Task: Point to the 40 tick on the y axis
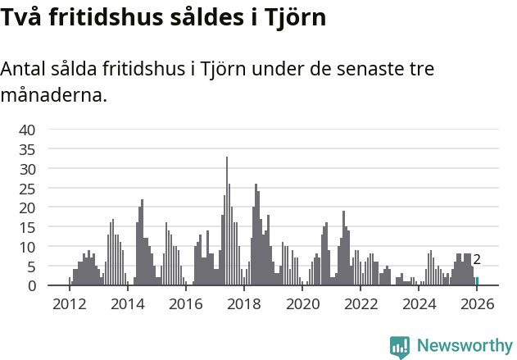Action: tap(27, 130)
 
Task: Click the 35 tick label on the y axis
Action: tap(27, 149)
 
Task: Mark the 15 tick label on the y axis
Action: tap(27, 227)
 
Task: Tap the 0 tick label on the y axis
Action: tap(32, 285)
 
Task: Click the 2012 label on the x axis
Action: tap(69, 304)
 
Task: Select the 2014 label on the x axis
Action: tap(127, 304)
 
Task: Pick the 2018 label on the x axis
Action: tap(243, 304)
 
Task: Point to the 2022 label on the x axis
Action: tap(361, 304)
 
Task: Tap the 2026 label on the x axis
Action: tap(478, 304)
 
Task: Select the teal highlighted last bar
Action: tap(477, 281)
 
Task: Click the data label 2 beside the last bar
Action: tap(477, 260)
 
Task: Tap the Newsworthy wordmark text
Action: tap(465, 346)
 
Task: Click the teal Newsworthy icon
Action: tap(400, 347)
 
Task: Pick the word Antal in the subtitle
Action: tap(24, 71)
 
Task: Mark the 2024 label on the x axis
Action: tap(419, 304)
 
